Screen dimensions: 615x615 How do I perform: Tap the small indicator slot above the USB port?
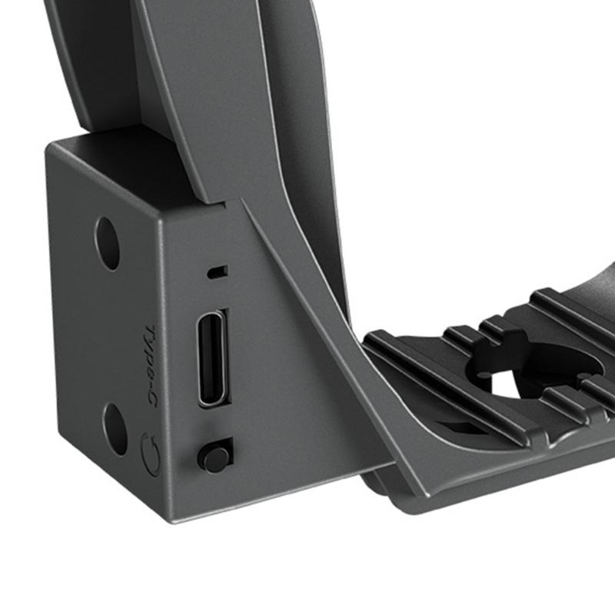coord(218,272)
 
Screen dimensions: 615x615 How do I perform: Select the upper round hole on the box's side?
coord(107,243)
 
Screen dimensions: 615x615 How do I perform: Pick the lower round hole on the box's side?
coord(115,429)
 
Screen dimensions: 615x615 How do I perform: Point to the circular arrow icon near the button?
coord(150,454)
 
